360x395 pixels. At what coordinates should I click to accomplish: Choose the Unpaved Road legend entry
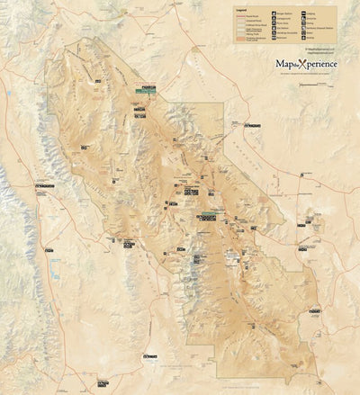tap(249, 21)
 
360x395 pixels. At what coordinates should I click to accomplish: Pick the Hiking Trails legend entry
tap(250, 34)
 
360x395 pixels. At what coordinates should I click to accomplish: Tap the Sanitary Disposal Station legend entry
tap(315, 28)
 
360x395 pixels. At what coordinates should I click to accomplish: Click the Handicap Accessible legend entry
tap(282, 32)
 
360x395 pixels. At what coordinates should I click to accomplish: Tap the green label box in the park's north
tap(144, 89)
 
